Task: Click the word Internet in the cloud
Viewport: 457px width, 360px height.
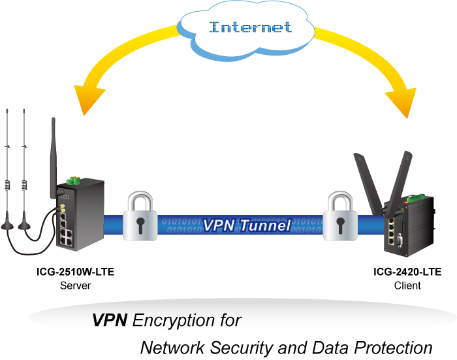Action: click(250, 27)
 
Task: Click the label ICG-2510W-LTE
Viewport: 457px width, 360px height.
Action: click(75, 273)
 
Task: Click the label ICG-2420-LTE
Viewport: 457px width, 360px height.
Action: click(407, 273)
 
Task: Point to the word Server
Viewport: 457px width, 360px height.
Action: click(75, 286)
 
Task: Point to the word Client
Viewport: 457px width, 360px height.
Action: click(407, 286)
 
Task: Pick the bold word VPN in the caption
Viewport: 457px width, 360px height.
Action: click(110, 320)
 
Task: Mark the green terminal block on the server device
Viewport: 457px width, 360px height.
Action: click(73, 180)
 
